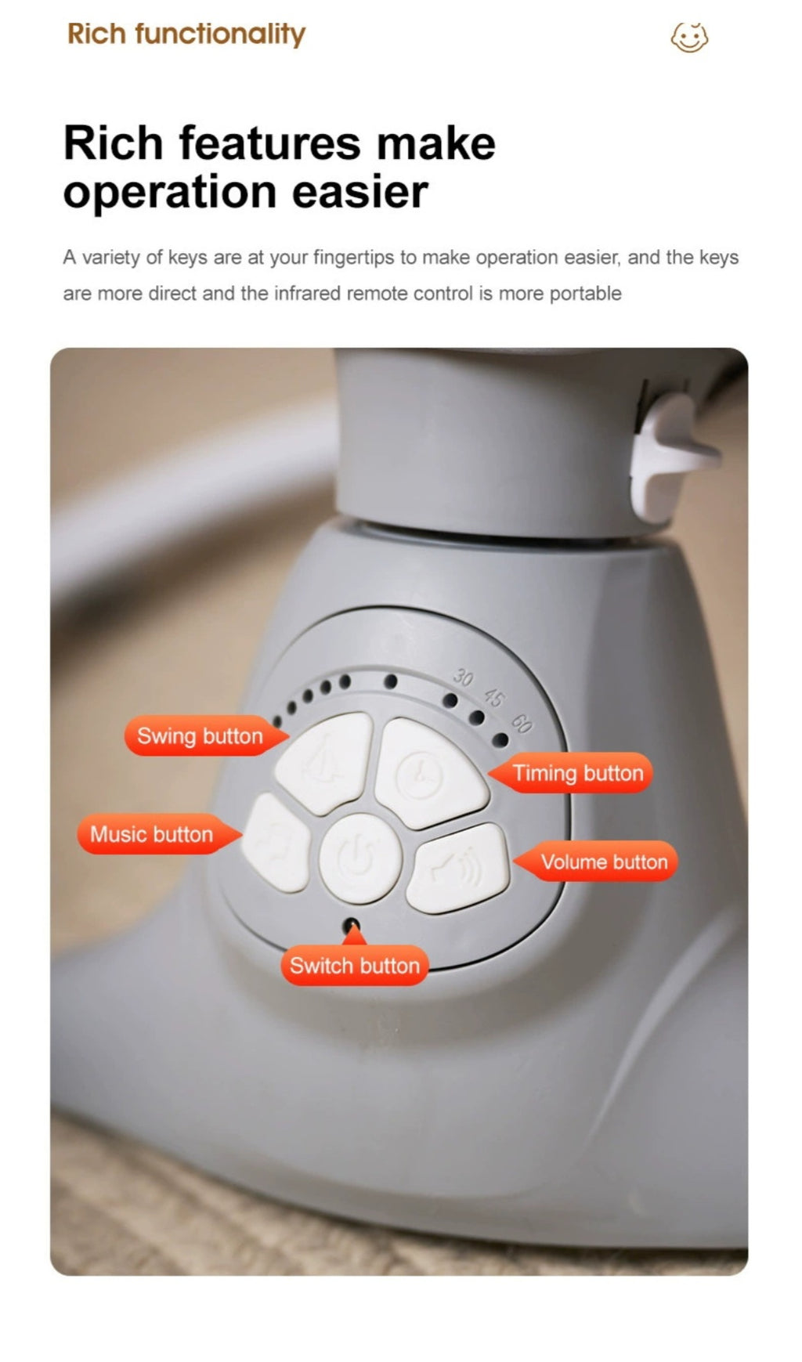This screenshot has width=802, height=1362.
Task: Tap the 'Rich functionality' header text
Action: click(x=186, y=34)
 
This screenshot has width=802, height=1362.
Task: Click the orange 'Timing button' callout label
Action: click(x=571, y=773)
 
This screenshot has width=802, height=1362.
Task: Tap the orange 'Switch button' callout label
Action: click(x=354, y=963)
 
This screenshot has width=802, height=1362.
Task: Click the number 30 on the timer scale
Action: click(x=464, y=677)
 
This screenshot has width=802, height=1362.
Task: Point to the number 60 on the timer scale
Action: click(x=522, y=724)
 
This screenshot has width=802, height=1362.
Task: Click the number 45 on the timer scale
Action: click(x=494, y=696)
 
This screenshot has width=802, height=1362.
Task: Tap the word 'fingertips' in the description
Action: click(x=354, y=258)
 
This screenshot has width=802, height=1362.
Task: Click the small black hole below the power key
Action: click(x=352, y=925)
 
